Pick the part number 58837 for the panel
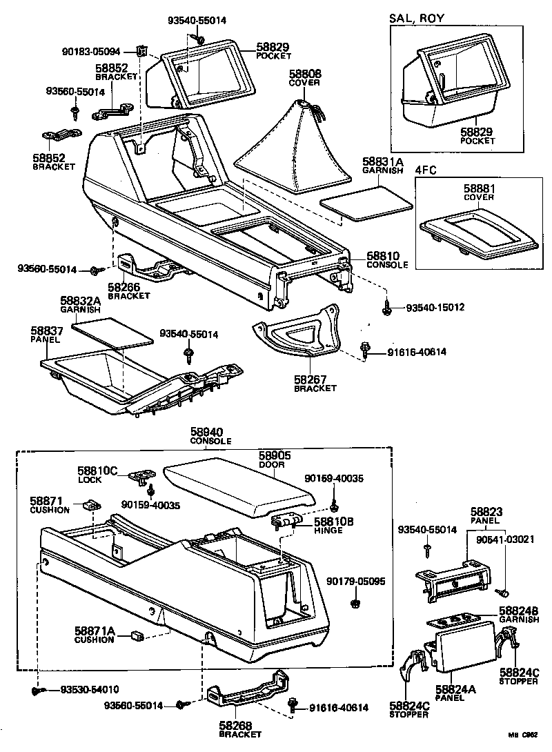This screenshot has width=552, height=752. pyautogui.click(x=46, y=331)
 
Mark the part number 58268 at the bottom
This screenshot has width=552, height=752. pyautogui.click(x=236, y=726)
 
